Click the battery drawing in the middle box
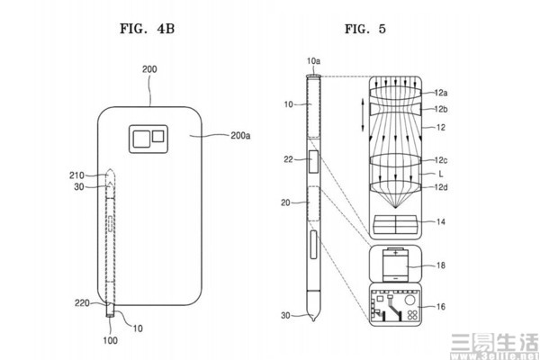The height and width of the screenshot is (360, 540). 397,265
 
